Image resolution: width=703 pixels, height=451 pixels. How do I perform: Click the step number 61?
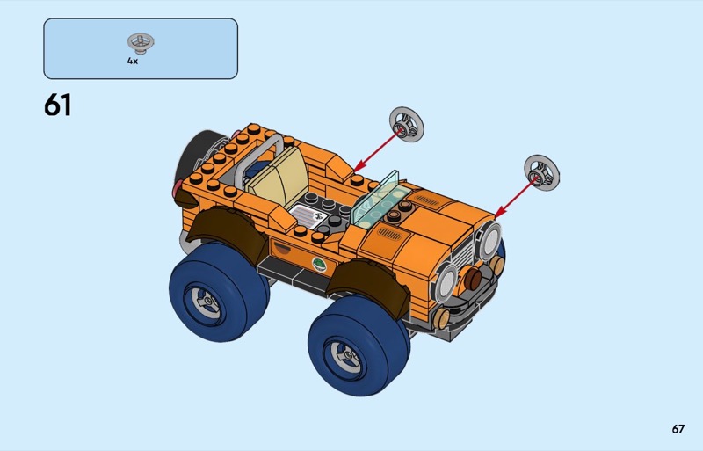point(57,105)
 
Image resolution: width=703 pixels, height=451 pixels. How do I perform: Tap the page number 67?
point(678,429)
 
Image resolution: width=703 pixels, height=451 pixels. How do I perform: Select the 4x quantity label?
point(133,61)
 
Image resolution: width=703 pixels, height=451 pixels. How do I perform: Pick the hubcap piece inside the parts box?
point(141,41)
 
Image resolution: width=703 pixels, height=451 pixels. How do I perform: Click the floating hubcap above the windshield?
point(406,124)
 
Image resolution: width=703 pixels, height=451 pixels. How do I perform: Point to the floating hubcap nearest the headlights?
point(541,173)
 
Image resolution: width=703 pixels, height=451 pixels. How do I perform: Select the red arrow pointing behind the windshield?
point(377,150)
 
